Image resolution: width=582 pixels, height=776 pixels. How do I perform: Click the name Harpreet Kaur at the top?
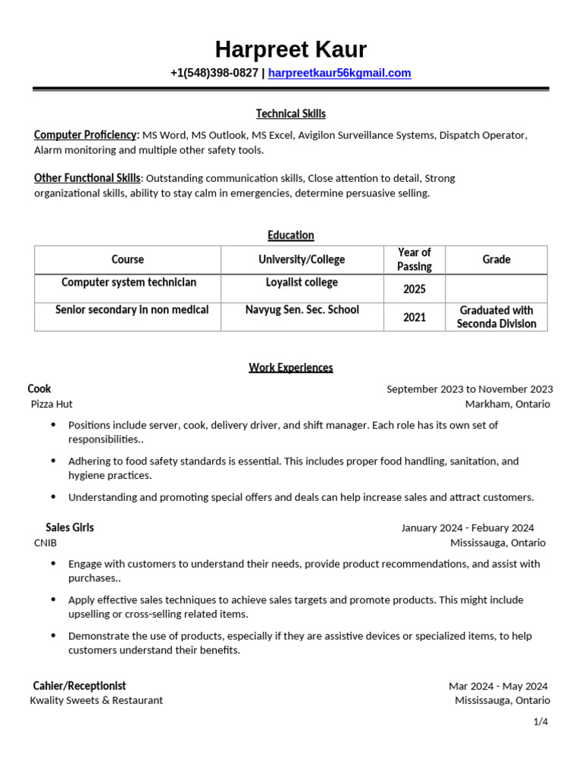[x=290, y=50]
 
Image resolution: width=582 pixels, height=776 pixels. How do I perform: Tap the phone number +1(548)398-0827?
[x=214, y=74]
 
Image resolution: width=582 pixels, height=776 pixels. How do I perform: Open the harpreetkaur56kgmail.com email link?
[x=339, y=74]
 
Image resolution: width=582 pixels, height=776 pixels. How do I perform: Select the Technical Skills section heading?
[x=290, y=114]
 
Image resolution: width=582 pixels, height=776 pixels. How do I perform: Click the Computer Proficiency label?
[x=85, y=135]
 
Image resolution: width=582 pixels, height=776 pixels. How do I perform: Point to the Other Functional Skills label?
[x=87, y=178]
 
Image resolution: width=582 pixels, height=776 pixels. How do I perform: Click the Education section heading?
[x=290, y=235]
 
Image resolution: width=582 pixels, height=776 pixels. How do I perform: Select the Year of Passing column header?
[x=414, y=259]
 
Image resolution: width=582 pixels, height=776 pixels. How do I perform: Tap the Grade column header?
[x=496, y=259]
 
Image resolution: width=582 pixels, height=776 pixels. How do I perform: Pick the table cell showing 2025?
[x=414, y=289]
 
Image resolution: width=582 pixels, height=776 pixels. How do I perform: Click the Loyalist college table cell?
[x=302, y=283]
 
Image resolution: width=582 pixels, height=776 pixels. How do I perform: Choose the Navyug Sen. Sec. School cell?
[x=302, y=310]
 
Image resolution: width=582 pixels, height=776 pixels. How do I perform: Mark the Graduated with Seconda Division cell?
[x=496, y=317]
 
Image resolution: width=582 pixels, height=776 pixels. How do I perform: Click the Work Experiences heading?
[x=290, y=368]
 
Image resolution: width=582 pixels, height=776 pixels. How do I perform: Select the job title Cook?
[x=39, y=389]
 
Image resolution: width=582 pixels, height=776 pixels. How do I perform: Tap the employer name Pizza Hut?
[x=52, y=404]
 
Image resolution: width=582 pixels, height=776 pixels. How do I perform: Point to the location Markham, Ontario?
[x=507, y=404]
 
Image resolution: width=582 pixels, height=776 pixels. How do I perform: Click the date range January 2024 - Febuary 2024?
[x=467, y=527]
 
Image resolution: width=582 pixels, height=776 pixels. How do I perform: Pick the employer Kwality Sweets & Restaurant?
[x=96, y=700]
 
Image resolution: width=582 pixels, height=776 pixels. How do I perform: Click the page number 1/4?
[x=540, y=721]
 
